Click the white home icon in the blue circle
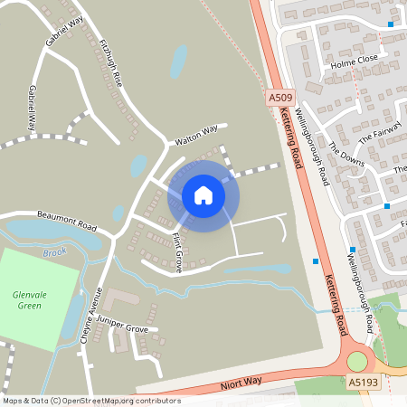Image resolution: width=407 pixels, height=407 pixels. (203, 195)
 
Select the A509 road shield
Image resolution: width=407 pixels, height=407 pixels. (279, 96)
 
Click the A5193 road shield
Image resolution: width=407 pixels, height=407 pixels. (363, 383)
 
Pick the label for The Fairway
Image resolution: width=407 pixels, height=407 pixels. (378, 135)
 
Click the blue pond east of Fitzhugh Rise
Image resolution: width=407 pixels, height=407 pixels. (179, 62)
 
